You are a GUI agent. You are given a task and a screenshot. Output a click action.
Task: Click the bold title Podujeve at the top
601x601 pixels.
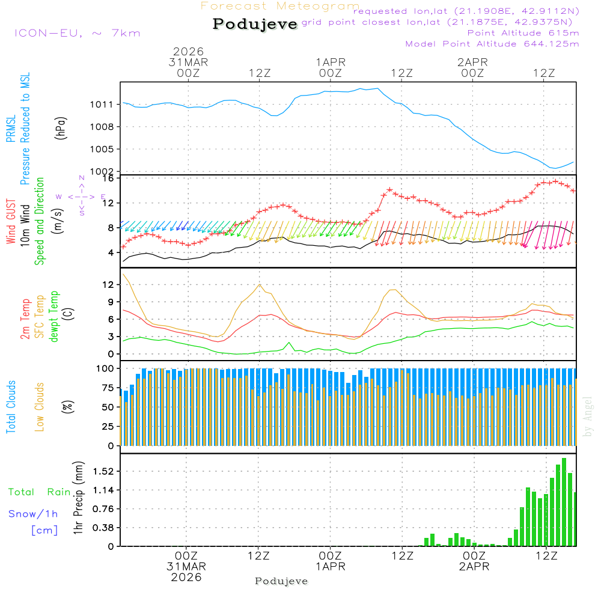[x=255, y=24]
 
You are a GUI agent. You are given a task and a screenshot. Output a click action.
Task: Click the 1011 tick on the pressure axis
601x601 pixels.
[x=102, y=105]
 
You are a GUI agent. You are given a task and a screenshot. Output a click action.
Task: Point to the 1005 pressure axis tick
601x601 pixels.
[x=102, y=149]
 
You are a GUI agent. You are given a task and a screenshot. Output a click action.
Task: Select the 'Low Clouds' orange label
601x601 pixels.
[x=40, y=406]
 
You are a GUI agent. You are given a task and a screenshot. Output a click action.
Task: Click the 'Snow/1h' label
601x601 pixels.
[x=33, y=514]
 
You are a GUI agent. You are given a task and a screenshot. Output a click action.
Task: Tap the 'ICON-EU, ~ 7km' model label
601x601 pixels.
[x=77, y=33]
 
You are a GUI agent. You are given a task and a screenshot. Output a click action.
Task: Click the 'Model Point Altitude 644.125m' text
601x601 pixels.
[x=492, y=44]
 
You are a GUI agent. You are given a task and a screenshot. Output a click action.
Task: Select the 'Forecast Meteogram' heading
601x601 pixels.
[x=280, y=6]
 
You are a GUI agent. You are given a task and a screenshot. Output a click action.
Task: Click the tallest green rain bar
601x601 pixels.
[x=564, y=502]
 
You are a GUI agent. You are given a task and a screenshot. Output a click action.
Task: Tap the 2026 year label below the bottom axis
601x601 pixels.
[x=186, y=577]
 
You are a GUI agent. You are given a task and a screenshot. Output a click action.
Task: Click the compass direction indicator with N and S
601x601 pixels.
[x=81, y=196]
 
